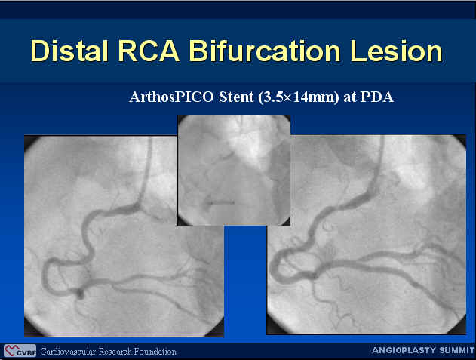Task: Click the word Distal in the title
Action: (x=69, y=51)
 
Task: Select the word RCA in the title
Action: (x=149, y=51)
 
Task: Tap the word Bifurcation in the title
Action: (x=265, y=51)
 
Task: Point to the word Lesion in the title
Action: (x=396, y=51)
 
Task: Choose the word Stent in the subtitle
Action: (x=236, y=97)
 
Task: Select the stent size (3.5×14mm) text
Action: (x=299, y=97)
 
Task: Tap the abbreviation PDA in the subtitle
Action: (x=377, y=97)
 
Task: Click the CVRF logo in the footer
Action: (x=20, y=351)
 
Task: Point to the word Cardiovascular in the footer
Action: (x=68, y=352)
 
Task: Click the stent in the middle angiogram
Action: (x=221, y=202)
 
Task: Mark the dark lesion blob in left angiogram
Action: (x=80, y=293)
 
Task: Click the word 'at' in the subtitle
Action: (x=350, y=97)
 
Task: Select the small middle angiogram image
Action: (x=234, y=170)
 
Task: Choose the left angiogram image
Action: (x=124, y=235)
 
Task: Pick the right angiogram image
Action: (x=366, y=235)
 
